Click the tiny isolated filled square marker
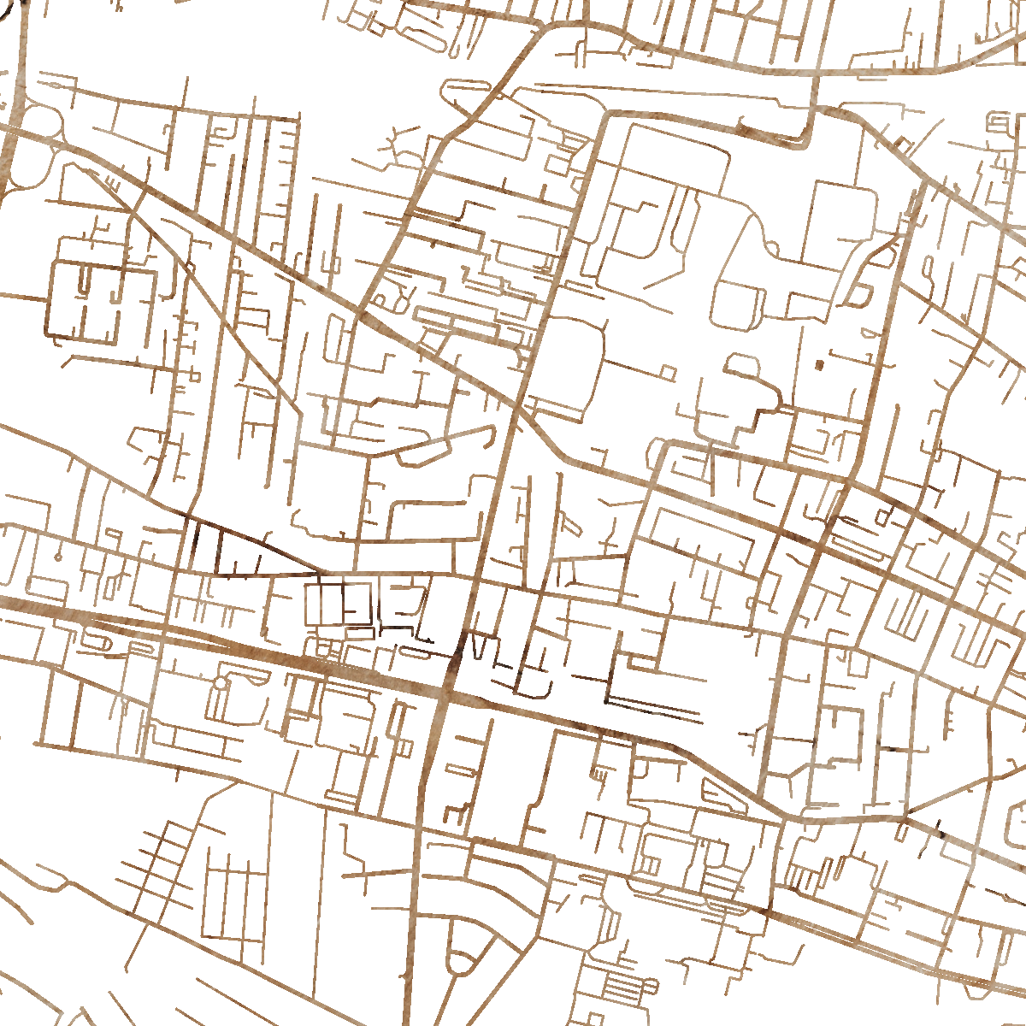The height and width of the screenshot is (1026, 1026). tap(819, 365)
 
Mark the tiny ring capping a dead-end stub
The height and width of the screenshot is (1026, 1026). tap(57, 557)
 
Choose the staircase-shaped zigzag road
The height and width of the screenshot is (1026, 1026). tap(752, 419)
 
